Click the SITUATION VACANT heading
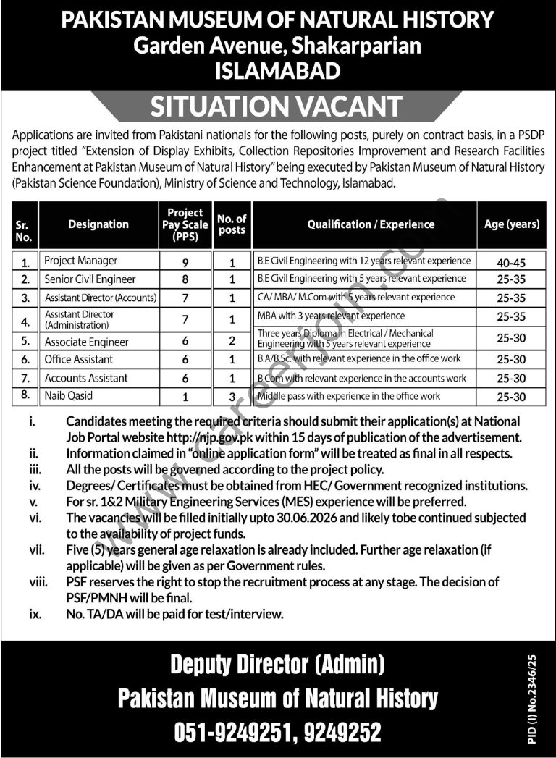click(276, 106)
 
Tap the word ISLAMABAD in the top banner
click(278, 70)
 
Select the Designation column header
click(98, 224)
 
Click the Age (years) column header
click(512, 224)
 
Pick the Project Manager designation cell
click(81, 261)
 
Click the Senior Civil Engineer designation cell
click(90, 279)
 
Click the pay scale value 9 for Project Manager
click(186, 261)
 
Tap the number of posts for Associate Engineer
click(232, 341)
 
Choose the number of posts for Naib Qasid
click(232, 396)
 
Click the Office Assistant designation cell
click(79, 359)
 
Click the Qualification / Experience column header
click(371, 224)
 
